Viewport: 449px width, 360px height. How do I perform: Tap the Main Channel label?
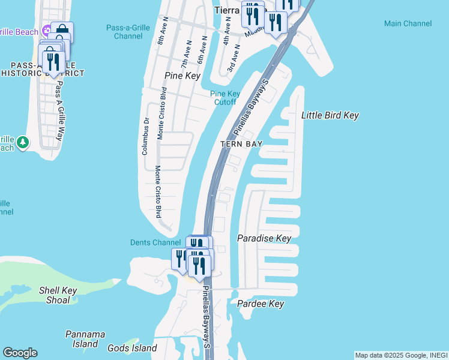408,23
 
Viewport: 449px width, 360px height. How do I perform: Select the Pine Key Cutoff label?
225,98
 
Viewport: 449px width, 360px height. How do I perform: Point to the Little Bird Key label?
330,115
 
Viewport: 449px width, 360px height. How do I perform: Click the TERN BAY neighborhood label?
241,144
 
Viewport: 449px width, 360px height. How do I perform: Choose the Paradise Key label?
264,238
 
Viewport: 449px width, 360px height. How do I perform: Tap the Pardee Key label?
261,304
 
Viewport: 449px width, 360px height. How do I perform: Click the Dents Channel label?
155,242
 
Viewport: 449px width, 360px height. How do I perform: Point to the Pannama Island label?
85,339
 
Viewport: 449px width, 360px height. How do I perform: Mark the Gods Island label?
132,348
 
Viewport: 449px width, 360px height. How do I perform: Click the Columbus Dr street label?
145,137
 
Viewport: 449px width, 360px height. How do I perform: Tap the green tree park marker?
23,142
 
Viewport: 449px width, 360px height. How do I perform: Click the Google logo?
20,353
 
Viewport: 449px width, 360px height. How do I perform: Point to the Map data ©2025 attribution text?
400,355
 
